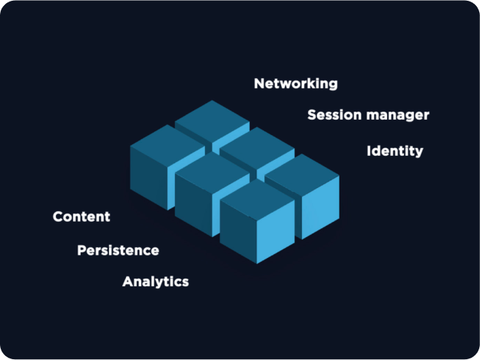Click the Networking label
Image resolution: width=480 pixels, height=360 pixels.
[296, 84]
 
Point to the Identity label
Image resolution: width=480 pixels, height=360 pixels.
[395, 150]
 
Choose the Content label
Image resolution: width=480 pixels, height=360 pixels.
[81, 217]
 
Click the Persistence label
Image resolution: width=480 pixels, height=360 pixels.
[118, 251]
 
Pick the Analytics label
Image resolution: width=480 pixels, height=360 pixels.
[155, 282]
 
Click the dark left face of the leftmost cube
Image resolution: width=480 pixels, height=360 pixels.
[148, 174]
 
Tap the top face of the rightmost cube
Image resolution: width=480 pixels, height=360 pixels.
[302, 169]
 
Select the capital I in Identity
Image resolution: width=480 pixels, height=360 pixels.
[369, 150]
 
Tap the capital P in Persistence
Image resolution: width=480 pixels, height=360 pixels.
[81, 251]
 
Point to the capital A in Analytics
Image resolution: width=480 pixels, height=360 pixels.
[127, 282]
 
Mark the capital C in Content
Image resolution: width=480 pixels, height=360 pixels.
[58, 217]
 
